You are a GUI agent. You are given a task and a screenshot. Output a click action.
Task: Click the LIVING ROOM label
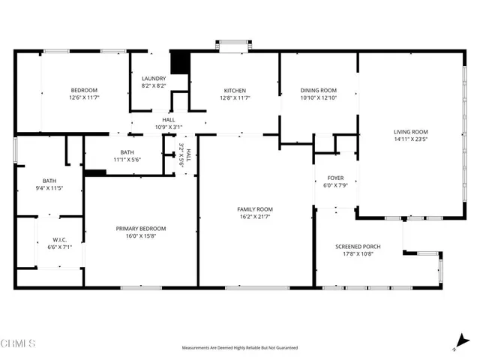click(x=409, y=131)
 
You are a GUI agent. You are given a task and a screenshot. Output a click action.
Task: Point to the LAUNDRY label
click(x=154, y=79)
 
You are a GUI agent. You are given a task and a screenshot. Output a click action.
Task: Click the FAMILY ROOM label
click(x=255, y=209)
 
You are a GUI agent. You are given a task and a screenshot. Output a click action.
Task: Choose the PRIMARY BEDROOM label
click(x=140, y=229)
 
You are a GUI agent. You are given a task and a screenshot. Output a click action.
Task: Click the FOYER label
click(x=334, y=178)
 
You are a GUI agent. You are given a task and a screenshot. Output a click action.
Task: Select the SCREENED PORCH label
click(x=358, y=247)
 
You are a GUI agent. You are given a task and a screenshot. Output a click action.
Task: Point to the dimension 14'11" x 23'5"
click(x=409, y=139)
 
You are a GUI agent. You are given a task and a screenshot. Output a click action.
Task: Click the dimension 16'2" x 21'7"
click(x=255, y=217)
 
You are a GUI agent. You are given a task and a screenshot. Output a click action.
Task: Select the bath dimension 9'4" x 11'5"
click(x=49, y=187)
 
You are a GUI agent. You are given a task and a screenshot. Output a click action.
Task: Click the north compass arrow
click(x=456, y=341)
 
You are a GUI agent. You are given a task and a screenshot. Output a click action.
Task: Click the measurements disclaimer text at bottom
click(x=239, y=348)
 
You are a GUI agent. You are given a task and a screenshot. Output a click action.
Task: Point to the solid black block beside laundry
click(x=179, y=63)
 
